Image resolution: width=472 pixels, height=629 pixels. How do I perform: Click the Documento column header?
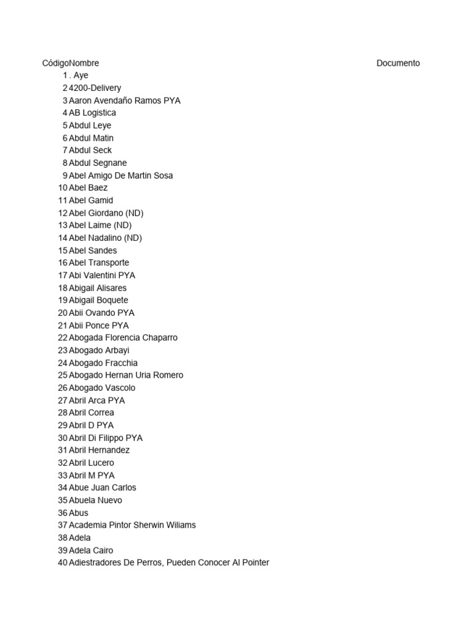[398, 63]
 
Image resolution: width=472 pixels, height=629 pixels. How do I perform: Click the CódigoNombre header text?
[70, 63]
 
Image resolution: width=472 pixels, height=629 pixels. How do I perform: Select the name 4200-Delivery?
[95, 88]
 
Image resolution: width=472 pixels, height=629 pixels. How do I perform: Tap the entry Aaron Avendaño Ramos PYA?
[125, 101]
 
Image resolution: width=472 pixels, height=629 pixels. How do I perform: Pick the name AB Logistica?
[92, 113]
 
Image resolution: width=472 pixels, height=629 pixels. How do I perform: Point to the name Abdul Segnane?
[98, 163]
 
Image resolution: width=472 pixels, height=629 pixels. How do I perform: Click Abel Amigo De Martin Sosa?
[121, 176]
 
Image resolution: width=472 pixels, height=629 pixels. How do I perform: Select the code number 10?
[63, 188]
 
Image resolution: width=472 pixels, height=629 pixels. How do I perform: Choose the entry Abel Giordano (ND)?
[106, 213]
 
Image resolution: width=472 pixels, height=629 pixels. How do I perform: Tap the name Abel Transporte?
[99, 263]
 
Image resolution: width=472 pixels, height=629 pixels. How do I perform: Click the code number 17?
[63, 275]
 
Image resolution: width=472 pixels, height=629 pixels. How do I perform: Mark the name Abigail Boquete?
[98, 300]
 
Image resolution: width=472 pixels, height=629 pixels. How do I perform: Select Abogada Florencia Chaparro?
[123, 338]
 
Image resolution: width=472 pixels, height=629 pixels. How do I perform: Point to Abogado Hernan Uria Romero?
[126, 375]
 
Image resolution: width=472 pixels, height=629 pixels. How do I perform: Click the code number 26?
[63, 388]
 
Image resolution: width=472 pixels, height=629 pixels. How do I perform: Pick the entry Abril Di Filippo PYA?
[106, 438]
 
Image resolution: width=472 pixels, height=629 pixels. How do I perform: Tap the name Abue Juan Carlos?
[103, 488]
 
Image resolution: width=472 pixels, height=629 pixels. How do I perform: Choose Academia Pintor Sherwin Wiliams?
[132, 525]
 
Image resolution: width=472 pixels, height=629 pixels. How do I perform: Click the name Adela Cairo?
[91, 550]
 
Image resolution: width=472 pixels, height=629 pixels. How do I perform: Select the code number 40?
[63, 563]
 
